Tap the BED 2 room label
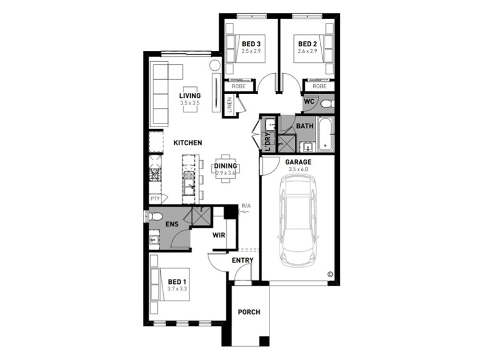307,44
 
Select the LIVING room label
190,96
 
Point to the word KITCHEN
188,143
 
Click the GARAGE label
298,162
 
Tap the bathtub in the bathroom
325,134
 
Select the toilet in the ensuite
155,217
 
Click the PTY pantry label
155,199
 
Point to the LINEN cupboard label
230,104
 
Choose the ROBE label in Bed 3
239,86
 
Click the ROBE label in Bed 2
320,86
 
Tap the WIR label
219,235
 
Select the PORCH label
249,312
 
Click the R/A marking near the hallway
246,206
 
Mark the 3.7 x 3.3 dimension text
177,289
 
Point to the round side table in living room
215,65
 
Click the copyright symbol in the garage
330,274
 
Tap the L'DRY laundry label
268,142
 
